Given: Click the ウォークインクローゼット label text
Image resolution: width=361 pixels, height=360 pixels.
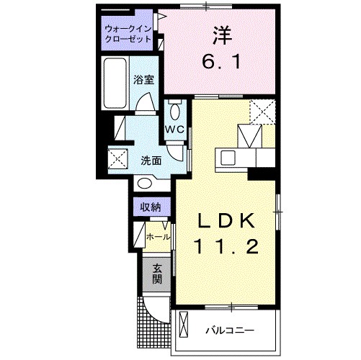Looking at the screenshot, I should click(x=128, y=34).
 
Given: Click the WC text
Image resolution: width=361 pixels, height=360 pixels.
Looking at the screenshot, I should click(x=175, y=129).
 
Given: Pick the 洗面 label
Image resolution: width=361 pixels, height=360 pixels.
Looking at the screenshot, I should click(x=150, y=160).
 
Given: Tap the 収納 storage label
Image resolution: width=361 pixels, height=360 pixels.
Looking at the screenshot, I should click(x=150, y=207).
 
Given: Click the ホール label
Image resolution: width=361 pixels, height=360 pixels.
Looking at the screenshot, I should click(x=158, y=236).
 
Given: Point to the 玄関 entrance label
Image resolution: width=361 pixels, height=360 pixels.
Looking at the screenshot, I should click(x=156, y=274).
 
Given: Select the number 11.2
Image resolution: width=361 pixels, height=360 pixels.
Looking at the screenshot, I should click(x=225, y=247).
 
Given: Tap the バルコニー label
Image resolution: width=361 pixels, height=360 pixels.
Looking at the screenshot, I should click(x=229, y=330).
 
